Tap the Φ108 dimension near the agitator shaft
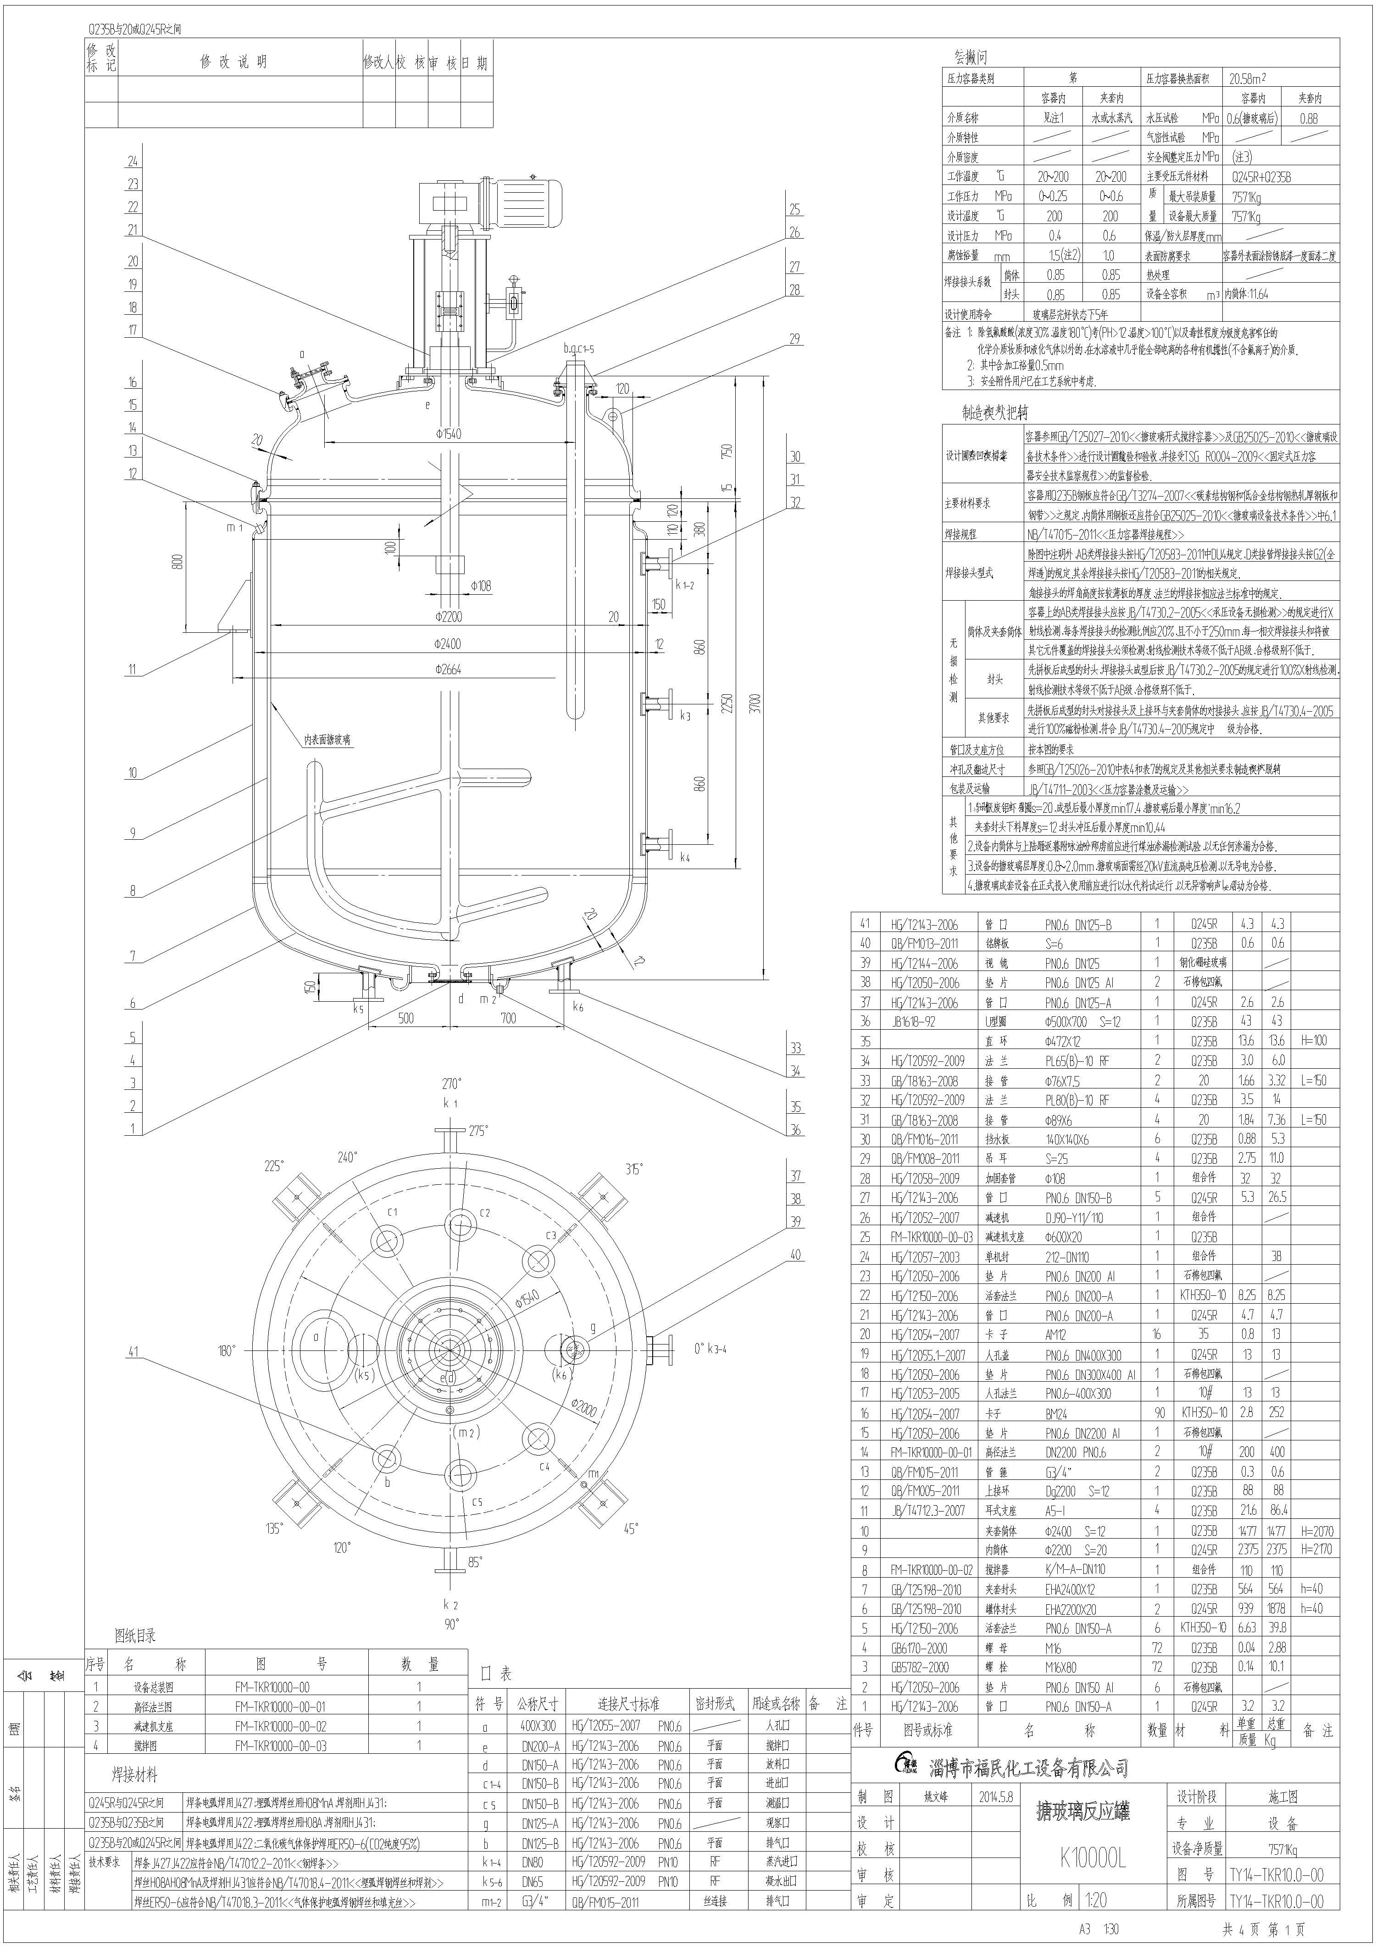481,586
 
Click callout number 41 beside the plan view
133,1352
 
